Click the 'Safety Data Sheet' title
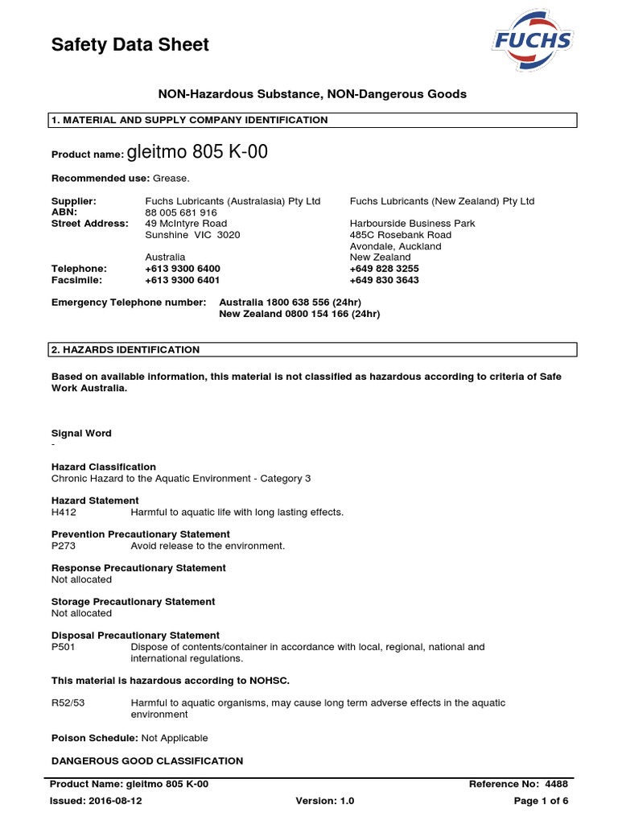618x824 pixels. [x=130, y=45]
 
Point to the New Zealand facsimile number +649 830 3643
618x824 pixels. [x=385, y=280]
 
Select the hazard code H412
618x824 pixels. [x=64, y=512]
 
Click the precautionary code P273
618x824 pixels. [x=64, y=546]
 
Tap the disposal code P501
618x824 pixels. [x=64, y=646]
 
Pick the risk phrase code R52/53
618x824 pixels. [x=68, y=702]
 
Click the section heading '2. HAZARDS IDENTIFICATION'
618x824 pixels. [x=126, y=350]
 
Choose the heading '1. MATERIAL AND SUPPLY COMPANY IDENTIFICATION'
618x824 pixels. [x=189, y=120]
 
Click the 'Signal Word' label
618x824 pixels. [x=81, y=433]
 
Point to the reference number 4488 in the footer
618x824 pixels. [x=556, y=784]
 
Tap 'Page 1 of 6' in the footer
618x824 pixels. [x=541, y=801]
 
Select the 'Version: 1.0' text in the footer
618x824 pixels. [x=325, y=801]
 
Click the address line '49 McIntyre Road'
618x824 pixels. [x=186, y=223]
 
